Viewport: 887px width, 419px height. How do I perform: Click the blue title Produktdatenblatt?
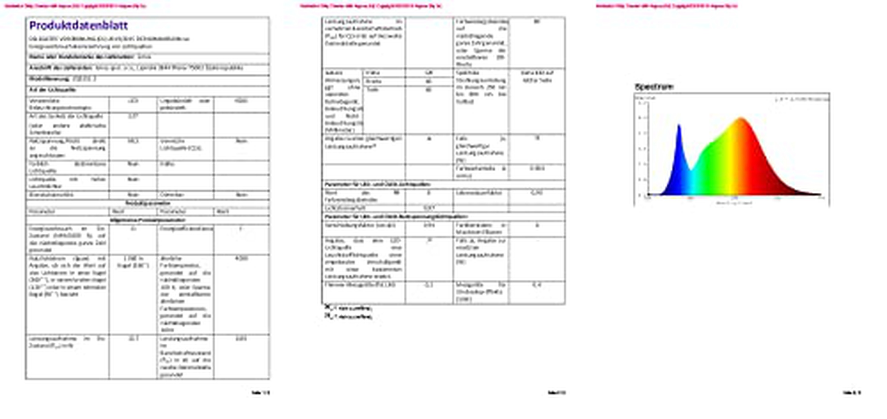(79, 25)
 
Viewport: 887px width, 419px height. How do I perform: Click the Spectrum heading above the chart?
(654, 87)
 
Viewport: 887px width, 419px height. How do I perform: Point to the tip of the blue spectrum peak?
(679, 125)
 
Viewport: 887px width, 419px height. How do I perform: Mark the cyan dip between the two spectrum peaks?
(691, 170)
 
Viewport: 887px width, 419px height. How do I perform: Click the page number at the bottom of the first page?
(260, 393)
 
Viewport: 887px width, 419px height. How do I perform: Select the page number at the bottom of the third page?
(852, 393)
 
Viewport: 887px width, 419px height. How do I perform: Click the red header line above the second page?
(371, 6)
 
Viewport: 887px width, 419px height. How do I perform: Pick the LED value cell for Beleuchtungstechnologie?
(133, 101)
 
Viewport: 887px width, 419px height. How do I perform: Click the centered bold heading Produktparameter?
(148, 203)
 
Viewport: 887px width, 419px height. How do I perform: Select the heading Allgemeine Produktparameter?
(147, 220)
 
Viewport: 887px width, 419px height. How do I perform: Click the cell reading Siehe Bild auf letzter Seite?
(537, 77)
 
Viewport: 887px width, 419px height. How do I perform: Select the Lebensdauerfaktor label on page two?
(479, 193)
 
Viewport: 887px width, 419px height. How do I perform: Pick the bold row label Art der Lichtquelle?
(53, 90)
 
